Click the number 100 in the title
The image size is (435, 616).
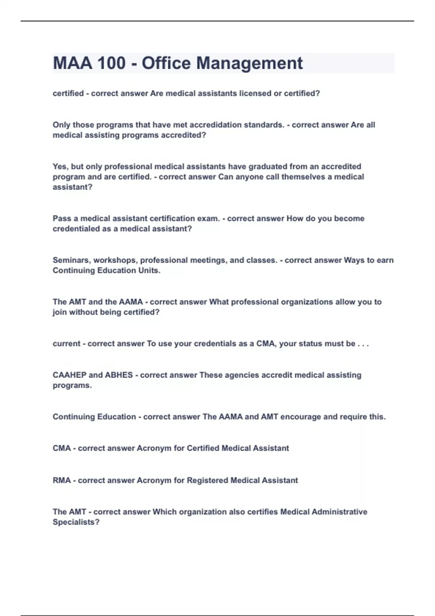tap(111, 63)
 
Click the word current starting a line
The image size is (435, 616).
tap(66, 344)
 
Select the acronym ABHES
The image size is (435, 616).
tap(119, 375)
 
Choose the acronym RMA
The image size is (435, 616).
tap(62, 480)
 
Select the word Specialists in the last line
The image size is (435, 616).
tap(76, 523)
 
